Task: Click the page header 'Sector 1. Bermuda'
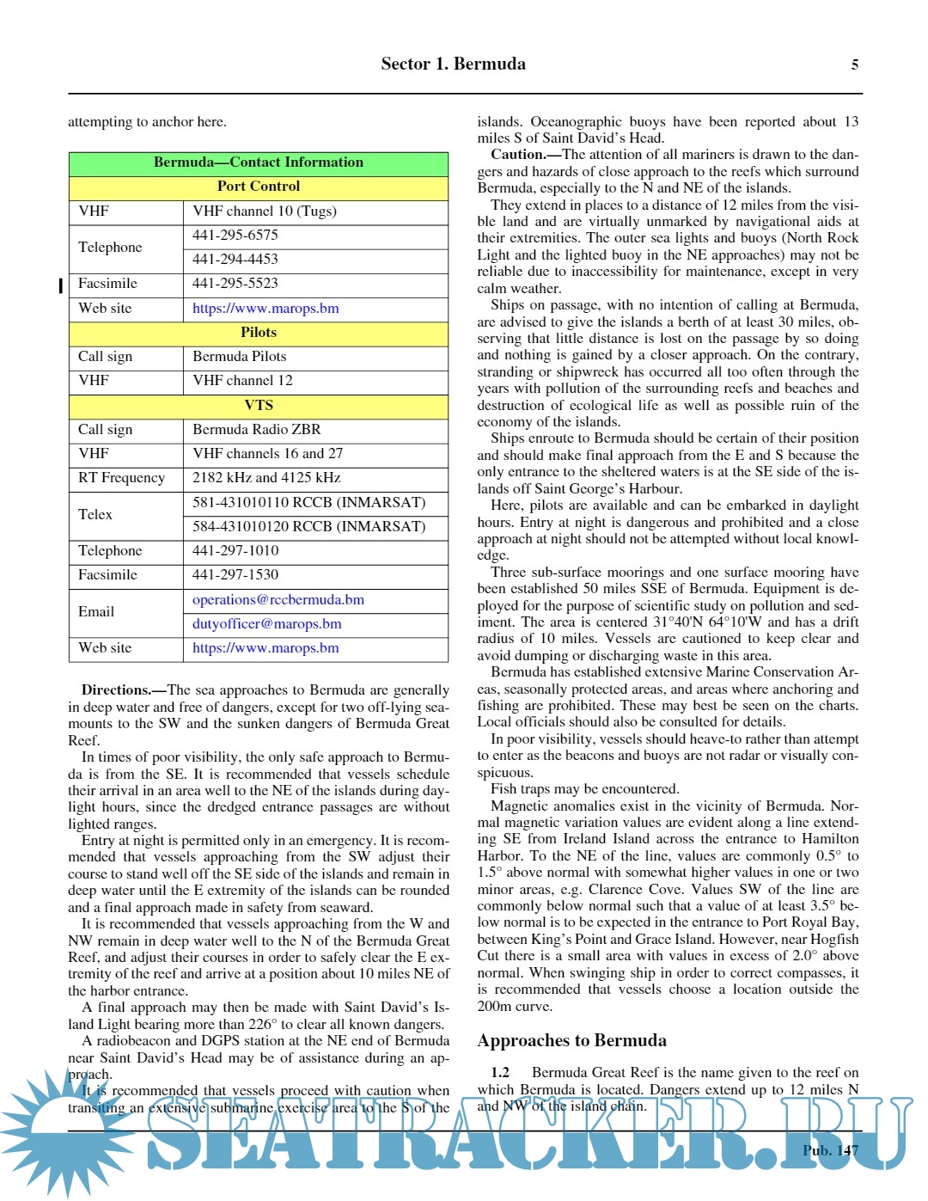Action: pos(453,64)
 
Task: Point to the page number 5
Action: pos(854,65)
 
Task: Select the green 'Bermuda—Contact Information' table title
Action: pos(258,162)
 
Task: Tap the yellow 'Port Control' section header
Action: pos(258,187)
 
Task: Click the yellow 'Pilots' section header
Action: pos(258,333)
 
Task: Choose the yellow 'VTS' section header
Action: pos(258,406)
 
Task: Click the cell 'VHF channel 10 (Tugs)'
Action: pos(265,211)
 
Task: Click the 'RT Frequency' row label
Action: pos(121,478)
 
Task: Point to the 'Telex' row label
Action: pos(95,515)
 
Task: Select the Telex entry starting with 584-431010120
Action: pos(308,527)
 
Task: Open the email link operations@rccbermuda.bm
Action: pos(278,600)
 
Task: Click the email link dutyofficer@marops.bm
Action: pos(267,624)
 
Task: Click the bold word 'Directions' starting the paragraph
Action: pos(116,690)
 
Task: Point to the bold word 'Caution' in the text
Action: pos(518,155)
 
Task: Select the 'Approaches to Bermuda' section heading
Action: pos(571,1041)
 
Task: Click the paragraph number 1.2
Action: pos(500,1073)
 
